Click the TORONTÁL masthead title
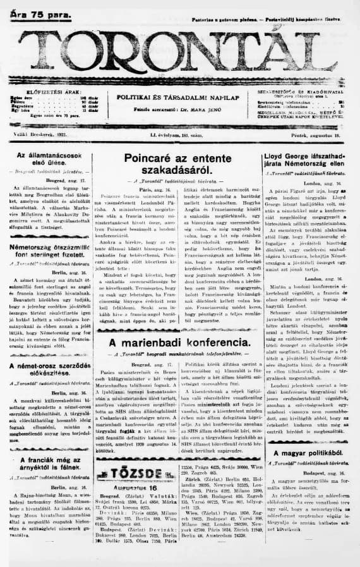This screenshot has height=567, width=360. click(180, 53)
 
